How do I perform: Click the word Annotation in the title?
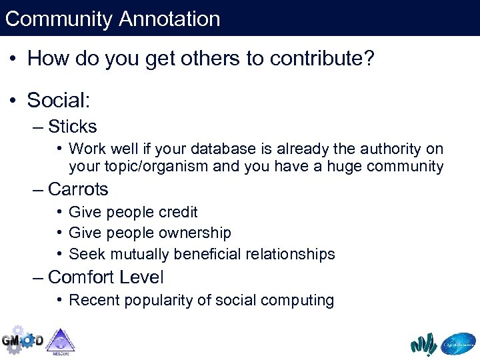[170, 19]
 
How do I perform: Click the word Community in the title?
[59, 19]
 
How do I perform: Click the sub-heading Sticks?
[73, 127]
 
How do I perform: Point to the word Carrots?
[78, 189]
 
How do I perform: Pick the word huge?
[344, 167]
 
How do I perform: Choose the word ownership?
[195, 233]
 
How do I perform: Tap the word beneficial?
[208, 254]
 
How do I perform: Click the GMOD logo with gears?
[22, 340]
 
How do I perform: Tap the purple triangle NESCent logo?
[61, 341]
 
